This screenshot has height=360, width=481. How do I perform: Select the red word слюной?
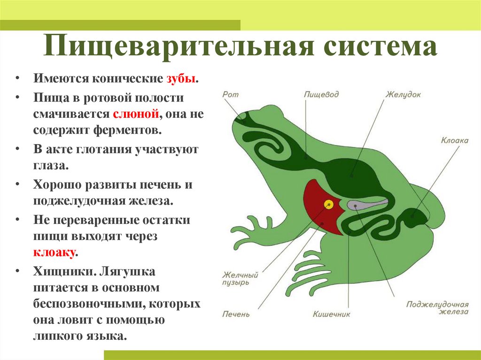coord(136,114)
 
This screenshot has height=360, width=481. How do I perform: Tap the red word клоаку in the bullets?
coord(54,252)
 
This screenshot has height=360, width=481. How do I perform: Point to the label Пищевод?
coord(321,94)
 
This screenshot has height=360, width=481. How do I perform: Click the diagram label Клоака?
coord(454,140)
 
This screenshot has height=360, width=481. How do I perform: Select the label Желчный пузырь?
coord(240,279)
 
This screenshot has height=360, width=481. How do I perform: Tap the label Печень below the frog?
coord(236,314)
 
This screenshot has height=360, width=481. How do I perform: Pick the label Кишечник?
coord(332,314)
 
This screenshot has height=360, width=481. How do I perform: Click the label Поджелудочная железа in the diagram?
coord(438,307)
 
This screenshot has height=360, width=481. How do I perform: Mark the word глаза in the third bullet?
coord(50,165)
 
